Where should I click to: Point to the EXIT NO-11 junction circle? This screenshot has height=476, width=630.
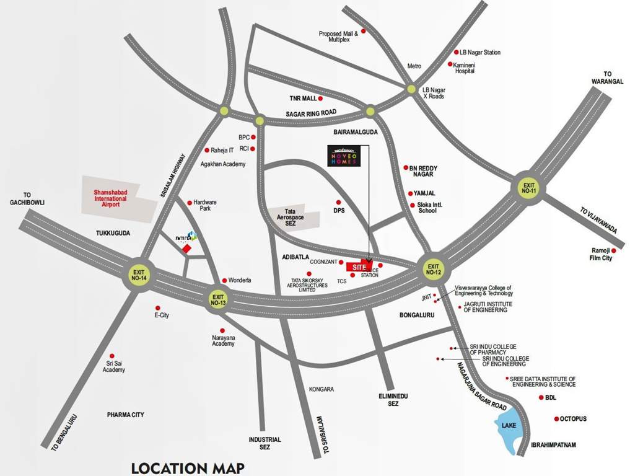pyautogui.click(x=528, y=188)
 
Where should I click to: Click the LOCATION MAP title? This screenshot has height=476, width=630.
pyautogui.click(x=188, y=467)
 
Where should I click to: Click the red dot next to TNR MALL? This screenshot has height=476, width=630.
pyautogui.click(x=323, y=98)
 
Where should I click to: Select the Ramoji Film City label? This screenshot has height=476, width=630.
pyautogui.click(x=601, y=254)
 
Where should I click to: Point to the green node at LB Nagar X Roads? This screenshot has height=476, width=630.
pyautogui.click(x=411, y=89)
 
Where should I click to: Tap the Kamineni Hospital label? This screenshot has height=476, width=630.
pyautogui.click(x=465, y=68)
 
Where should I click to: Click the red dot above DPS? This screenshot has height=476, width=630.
pyautogui.click(x=338, y=202)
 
